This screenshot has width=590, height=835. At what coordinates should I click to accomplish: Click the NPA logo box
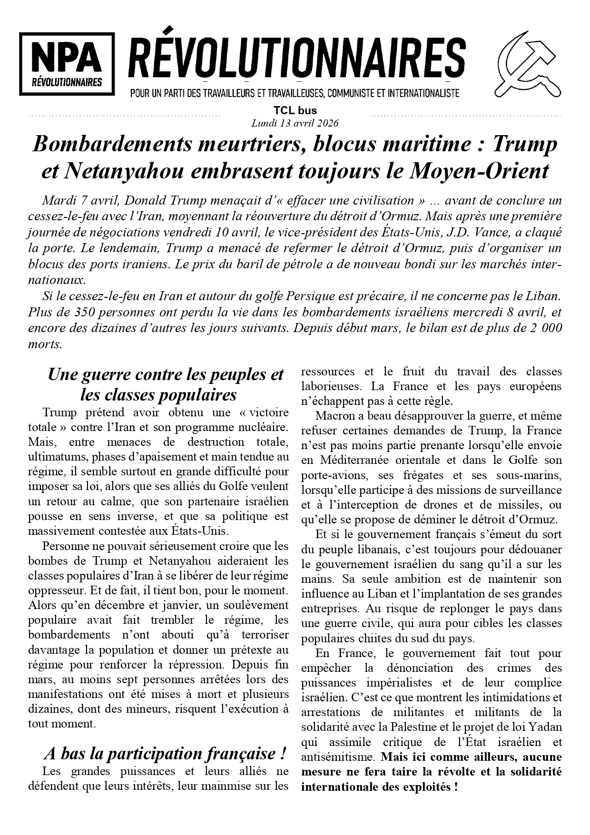click(x=67, y=64)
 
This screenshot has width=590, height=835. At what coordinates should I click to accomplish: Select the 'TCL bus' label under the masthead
click(x=295, y=111)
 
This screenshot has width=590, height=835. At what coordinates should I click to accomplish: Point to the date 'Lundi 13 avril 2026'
click(x=295, y=123)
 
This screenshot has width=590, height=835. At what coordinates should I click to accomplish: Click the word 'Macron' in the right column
click(x=332, y=416)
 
